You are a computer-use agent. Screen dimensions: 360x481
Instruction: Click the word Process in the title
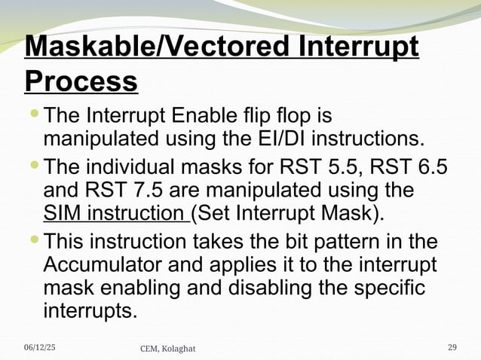(81, 81)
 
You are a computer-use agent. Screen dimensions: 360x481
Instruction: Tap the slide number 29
(452, 346)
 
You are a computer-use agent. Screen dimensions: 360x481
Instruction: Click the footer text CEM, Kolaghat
(168, 347)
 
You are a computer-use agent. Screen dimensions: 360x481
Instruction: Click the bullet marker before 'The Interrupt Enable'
(35, 115)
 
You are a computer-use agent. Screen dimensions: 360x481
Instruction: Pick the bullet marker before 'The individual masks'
(35, 163)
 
